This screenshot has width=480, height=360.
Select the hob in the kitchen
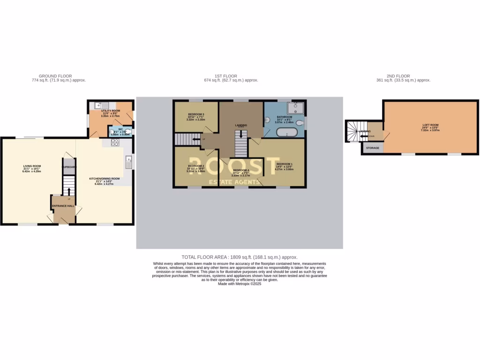[x=115, y=142]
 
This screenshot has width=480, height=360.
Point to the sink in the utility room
[x=99, y=105]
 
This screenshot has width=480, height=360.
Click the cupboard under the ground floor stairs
[x=69, y=166]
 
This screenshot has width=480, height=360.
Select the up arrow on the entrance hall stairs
[x=69, y=191]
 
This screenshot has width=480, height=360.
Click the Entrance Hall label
[x=63, y=206]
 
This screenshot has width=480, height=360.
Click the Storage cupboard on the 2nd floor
[x=373, y=148]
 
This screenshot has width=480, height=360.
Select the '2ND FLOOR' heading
[x=398, y=76]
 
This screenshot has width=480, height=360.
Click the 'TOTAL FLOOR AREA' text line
[x=240, y=257]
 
